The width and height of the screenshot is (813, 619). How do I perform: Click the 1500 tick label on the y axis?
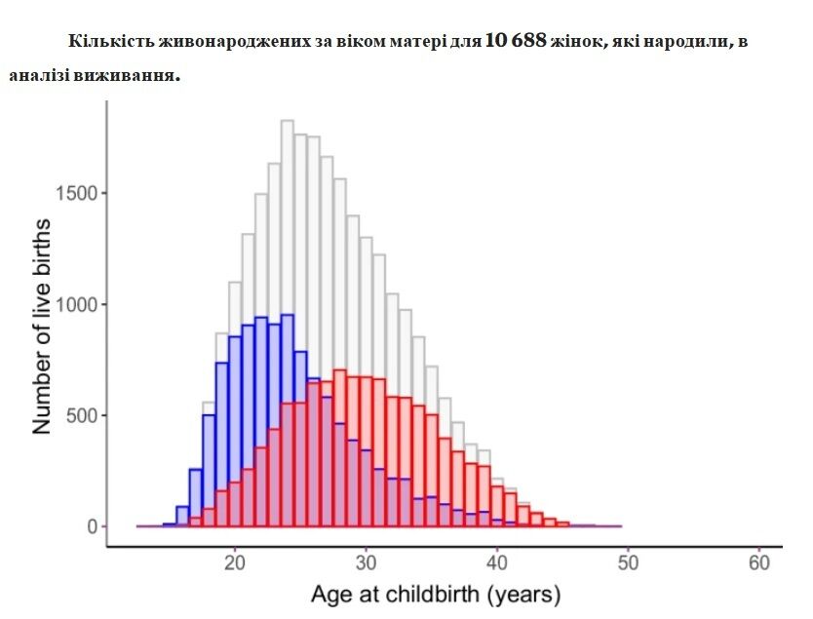coord(77,193)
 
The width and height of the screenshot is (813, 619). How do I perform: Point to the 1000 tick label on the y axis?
coord(77,304)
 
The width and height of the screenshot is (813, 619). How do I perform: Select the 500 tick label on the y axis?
coord(82,415)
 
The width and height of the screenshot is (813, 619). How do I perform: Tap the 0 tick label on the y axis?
coord(93,526)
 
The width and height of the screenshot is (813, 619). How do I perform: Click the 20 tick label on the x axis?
coord(235,562)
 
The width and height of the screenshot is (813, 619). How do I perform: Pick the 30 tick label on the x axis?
coord(367,562)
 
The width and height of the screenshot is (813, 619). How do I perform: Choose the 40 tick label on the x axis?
coord(497,562)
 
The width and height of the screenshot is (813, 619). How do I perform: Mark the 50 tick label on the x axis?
coord(628,562)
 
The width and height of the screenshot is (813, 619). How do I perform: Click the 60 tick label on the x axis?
coord(759,562)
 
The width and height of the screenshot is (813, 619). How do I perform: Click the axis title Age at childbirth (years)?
coord(436,595)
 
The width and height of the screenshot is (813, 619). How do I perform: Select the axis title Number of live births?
coord(42,327)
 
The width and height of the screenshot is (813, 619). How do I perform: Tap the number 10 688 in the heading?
coord(516,40)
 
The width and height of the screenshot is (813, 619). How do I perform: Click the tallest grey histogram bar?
coord(288,323)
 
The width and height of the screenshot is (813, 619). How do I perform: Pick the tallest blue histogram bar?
coord(288,420)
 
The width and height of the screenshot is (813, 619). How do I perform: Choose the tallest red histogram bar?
coord(339,447)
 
